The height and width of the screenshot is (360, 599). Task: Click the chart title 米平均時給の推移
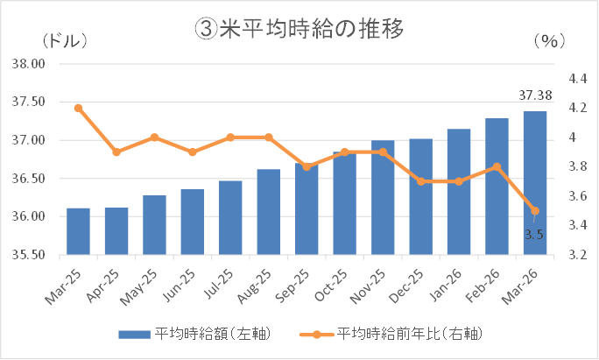pyautogui.click(x=299, y=29)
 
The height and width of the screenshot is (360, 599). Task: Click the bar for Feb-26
pyautogui.click(x=497, y=187)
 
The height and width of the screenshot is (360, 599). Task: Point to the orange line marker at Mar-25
pyautogui.click(x=78, y=108)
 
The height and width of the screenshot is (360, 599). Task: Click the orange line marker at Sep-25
pyautogui.click(x=307, y=166)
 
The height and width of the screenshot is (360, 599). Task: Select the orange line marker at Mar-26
pyautogui.click(x=535, y=210)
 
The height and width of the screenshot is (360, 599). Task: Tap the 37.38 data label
pyautogui.click(x=534, y=94)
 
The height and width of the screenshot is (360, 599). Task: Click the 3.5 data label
pyautogui.click(x=534, y=234)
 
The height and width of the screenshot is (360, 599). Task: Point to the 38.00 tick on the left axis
pyautogui.click(x=29, y=64)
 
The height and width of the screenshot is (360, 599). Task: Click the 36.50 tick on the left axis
pyautogui.click(x=29, y=179)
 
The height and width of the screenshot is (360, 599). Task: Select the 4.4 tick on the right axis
pyautogui.click(x=577, y=78)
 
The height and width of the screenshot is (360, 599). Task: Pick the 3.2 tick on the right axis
pyautogui.click(x=577, y=256)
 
